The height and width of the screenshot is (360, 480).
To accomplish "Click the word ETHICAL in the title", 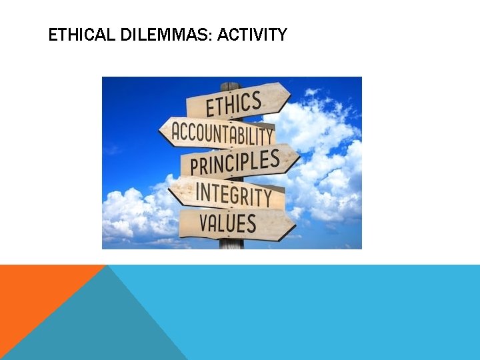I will pos(73,35).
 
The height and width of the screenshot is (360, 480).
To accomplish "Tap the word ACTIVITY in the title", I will pos(252,35).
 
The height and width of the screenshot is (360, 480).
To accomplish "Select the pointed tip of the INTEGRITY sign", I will pos(169,191).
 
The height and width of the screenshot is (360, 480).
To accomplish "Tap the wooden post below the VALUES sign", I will pos(231,243).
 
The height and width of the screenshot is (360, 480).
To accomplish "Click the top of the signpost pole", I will pos(230,85).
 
